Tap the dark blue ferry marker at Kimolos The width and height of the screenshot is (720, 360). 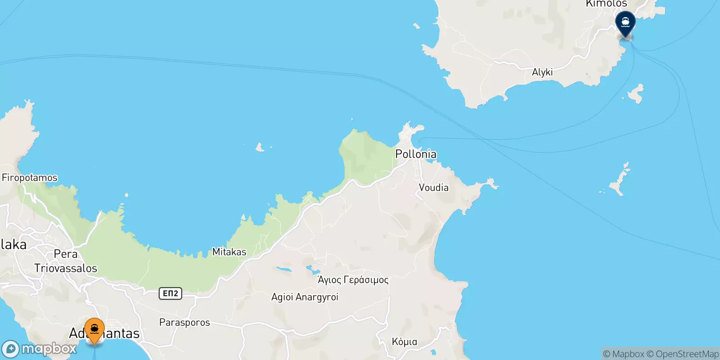625,22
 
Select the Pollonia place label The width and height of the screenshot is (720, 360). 415,154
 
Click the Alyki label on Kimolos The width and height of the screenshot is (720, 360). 542,72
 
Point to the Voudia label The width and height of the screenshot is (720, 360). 433,188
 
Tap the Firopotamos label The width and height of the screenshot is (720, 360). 30,178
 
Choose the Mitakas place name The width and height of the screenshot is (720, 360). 229,252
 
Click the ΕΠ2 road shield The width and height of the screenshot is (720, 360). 170,293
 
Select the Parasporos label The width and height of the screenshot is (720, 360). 184,323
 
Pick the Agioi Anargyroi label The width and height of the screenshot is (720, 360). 305,297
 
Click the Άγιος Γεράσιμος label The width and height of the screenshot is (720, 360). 353,280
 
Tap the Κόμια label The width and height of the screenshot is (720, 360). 404,342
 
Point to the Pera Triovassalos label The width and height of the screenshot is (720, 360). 66,261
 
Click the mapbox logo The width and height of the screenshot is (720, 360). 40,349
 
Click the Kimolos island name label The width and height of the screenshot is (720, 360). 606,4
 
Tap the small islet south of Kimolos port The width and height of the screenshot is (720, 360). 636,93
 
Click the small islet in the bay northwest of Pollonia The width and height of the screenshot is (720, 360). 260,147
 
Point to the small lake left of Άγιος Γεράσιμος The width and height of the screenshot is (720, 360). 283,270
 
